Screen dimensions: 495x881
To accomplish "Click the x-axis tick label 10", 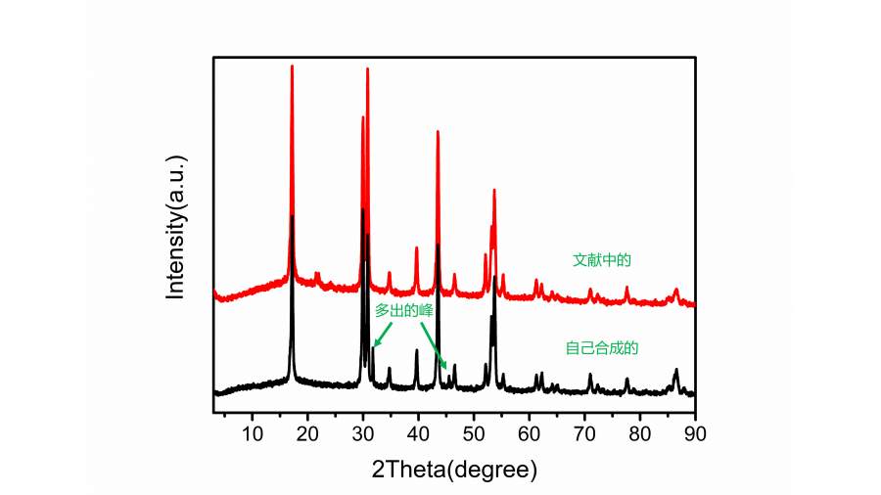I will coord(253,431).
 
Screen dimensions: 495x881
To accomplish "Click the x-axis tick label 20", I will coord(308,431).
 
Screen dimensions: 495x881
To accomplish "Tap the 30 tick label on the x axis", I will coord(363,431).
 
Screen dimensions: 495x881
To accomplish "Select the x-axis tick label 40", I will coord(419,431).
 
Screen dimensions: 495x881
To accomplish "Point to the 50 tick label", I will coord(474,431).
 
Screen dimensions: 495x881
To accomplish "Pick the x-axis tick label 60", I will coord(530,431).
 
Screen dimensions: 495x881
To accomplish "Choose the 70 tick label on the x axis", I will coord(584,431).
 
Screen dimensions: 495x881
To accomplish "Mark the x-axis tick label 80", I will coord(640,431).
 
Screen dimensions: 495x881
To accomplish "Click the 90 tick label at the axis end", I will coord(695,431).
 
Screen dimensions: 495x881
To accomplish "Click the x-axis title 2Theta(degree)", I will coord(454,469).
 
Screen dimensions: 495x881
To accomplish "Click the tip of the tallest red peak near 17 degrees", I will coord(292,66).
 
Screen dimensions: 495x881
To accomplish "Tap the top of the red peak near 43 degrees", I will coord(438,131).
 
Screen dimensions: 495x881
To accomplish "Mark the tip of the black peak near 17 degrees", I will coord(292,216).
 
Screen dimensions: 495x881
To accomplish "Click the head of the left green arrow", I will coord(374,346).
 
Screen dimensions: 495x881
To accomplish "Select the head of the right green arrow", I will coord(446,370).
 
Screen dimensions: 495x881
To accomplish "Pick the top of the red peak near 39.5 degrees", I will coord(416,247).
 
